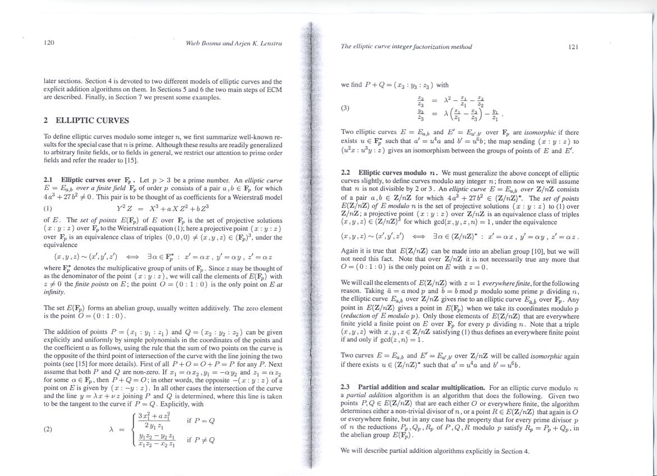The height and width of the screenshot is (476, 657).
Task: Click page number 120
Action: pos(49,43)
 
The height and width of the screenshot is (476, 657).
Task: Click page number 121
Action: pos(573,47)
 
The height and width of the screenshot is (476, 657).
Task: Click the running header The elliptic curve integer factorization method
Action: pos(407,47)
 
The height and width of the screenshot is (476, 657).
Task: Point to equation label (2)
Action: pos(48,429)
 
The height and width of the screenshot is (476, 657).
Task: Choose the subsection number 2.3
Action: pos(346,388)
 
